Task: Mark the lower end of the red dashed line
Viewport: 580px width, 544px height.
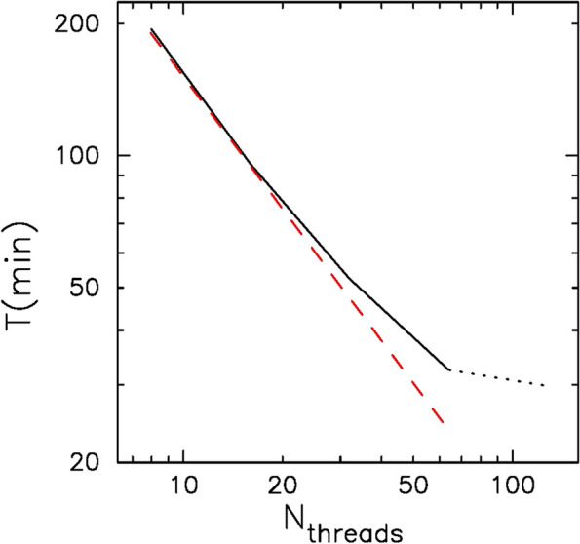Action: pos(444,423)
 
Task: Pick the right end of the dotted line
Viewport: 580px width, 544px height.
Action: pos(544,386)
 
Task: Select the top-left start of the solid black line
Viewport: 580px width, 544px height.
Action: pos(151,29)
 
